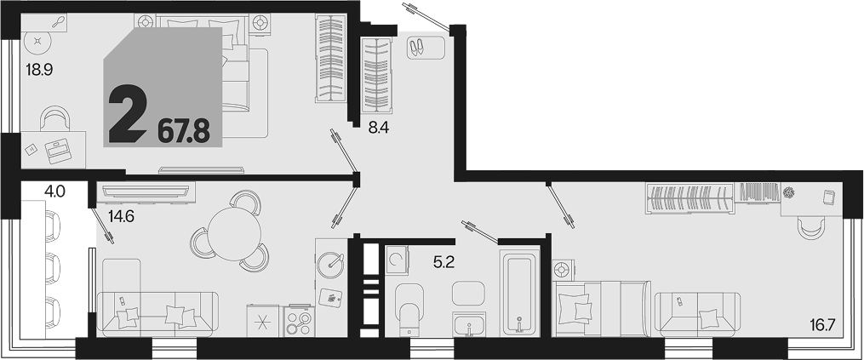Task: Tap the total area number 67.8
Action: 184,132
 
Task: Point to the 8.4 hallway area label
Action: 379,129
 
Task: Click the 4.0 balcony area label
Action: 55,191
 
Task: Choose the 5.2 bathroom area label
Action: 443,264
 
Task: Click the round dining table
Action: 235,234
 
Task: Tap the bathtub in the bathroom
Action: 519,294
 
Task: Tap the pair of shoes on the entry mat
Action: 417,48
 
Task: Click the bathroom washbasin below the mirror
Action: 469,323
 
